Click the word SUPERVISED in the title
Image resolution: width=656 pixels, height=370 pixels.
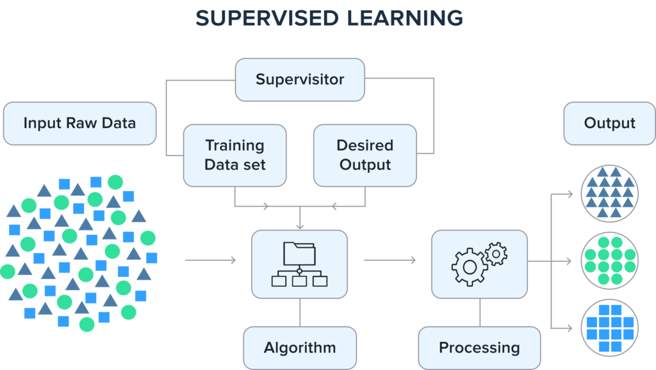click(268, 18)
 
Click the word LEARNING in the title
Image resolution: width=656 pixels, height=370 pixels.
click(404, 18)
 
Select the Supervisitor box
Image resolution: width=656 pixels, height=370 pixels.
click(300, 80)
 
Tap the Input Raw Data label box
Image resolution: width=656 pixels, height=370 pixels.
click(79, 123)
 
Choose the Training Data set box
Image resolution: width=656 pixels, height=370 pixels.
click(234, 155)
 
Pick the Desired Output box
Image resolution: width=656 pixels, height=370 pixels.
click(365, 155)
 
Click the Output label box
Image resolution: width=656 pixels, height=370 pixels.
click(609, 123)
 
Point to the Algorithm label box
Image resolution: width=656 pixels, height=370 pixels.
click(300, 348)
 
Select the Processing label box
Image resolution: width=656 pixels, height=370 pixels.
click(479, 348)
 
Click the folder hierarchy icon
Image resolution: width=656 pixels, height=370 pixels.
click(299, 264)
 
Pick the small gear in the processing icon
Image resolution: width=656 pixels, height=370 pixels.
click(495, 253)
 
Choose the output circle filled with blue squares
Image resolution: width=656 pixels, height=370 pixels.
click(609, 328)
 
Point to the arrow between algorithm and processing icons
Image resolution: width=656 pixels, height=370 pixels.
click(389, 261)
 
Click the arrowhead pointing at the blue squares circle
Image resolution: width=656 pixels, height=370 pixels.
click(571, 328)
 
